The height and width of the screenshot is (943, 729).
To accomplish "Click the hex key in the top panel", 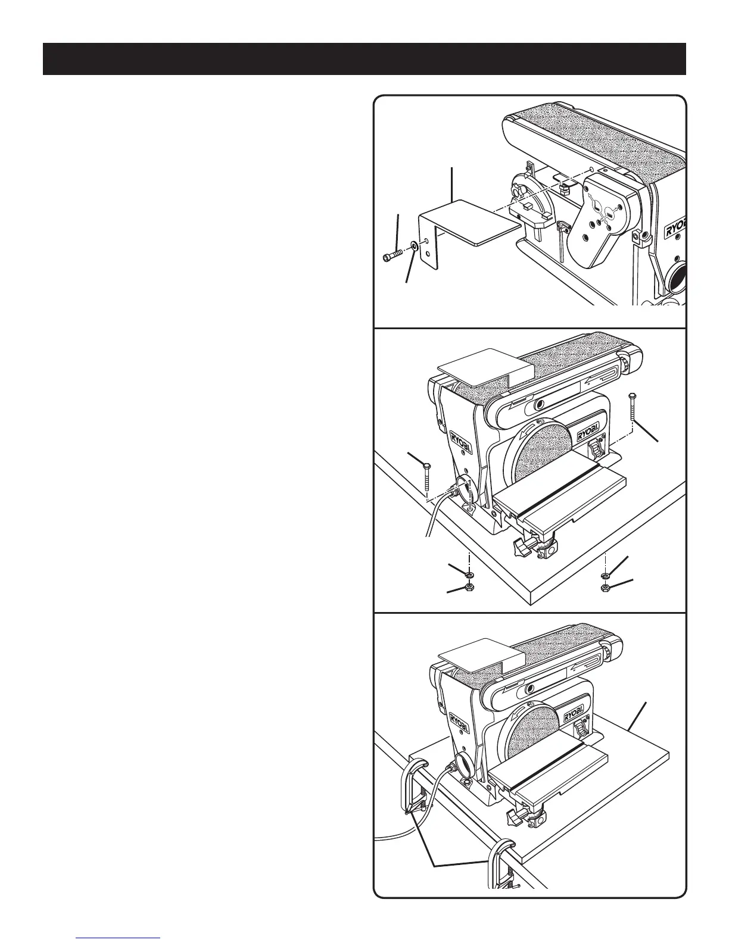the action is coord(563,238).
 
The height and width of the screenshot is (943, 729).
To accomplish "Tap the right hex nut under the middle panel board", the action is coord(605,588).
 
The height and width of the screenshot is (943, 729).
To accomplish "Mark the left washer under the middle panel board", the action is coord(469,574).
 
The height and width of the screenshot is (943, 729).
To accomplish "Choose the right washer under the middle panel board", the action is coord(605,576).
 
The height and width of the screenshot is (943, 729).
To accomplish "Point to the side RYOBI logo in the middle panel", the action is coord(458,445).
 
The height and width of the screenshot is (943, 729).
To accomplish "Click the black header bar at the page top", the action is coord(364,59).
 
